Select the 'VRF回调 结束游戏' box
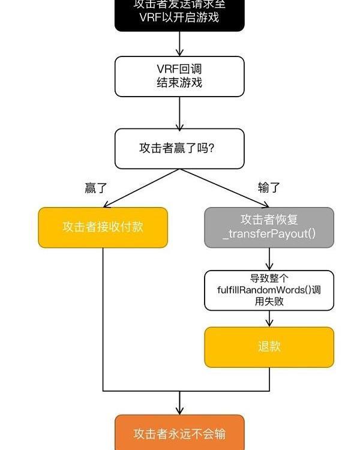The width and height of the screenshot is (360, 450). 179,76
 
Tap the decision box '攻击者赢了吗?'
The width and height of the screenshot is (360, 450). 179,148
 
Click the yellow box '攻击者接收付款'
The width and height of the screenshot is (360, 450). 103,227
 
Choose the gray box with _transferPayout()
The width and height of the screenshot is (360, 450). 269,227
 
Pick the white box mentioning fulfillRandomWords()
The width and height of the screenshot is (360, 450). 269,290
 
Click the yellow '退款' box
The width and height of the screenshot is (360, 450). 269,347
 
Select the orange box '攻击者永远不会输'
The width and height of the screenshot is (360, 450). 179,433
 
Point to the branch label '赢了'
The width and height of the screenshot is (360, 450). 95,188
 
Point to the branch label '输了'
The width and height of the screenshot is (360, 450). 269,188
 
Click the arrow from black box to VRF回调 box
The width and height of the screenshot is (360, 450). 179,44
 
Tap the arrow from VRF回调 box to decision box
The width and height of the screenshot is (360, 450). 179,113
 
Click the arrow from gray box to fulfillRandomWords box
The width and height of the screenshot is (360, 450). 269,259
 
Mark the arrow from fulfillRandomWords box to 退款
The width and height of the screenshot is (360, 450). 269,319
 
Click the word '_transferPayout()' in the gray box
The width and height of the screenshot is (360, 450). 269,234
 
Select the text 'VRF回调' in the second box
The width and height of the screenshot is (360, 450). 179,70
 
